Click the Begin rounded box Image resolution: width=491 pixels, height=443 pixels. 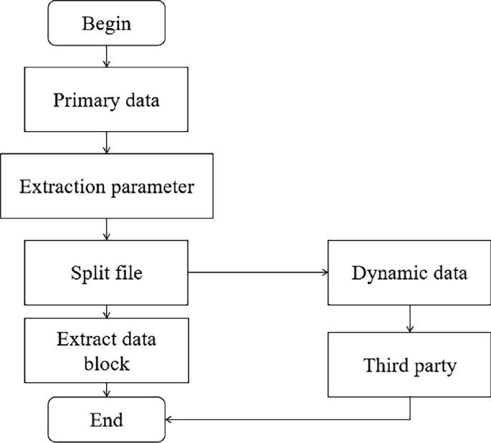pos(107,24)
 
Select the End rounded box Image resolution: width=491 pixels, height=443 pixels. pos(107,419)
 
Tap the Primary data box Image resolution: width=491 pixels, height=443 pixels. pos(107,100)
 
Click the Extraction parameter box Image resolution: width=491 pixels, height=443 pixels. pos(107,188)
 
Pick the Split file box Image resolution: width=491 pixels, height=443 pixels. pos(107,272)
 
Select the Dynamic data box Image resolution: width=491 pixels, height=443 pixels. pos(410,272)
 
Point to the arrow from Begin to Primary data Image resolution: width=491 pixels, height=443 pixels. pos(107,56)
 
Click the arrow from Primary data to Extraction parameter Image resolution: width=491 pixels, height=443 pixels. pos(107,143)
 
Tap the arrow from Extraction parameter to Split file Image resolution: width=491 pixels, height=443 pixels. pos(107,229)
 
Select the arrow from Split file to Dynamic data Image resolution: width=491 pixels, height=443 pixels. pos(258,272)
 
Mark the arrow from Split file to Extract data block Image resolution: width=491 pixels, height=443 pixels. pos(107,311)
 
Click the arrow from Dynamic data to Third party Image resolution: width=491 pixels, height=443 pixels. pos(410,319)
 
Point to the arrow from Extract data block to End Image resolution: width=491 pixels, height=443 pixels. pos(107,390)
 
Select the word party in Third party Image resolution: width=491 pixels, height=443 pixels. pos(433,366)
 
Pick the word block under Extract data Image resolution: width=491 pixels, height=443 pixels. pos(107,363)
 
